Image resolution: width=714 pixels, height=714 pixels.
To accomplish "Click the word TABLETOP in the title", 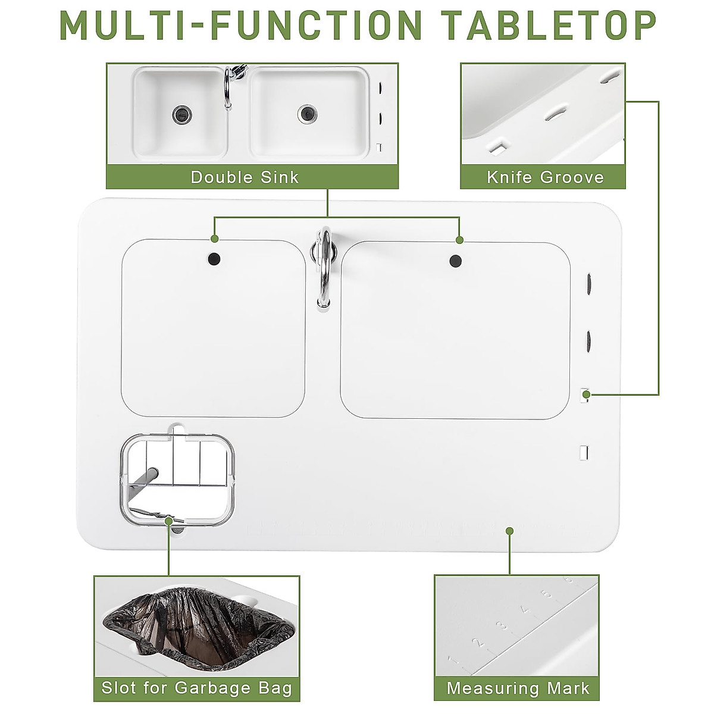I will (x=549, y=26).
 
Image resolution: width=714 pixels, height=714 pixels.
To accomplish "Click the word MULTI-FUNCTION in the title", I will (x=241, y=26).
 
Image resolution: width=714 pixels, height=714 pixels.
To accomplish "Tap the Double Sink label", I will (x=245, y=177).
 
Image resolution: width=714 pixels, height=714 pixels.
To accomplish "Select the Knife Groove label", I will (x=544, y=177).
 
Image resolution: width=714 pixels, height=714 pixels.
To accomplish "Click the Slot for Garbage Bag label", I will (x=196, y=688).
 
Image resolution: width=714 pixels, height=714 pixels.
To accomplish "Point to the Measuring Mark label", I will (x=518, y=688).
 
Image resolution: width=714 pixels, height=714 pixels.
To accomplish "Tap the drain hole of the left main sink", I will (x=213, y=259).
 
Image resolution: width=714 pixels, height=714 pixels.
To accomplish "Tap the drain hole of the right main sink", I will (x=456, y=260).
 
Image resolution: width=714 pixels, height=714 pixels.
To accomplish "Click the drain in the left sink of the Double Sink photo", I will (x=182, y=114).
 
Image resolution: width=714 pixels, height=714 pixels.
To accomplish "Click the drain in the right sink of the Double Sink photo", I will (x=307, y=113).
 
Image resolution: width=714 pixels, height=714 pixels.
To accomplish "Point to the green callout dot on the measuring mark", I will (x=509, y=531).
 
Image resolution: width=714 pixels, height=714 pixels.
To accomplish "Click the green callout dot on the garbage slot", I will (x=169, y=521).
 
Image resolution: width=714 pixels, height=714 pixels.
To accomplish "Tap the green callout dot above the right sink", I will (x=459, y=239).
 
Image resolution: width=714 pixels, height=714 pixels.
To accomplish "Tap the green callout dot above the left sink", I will (x=214, y=239).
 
